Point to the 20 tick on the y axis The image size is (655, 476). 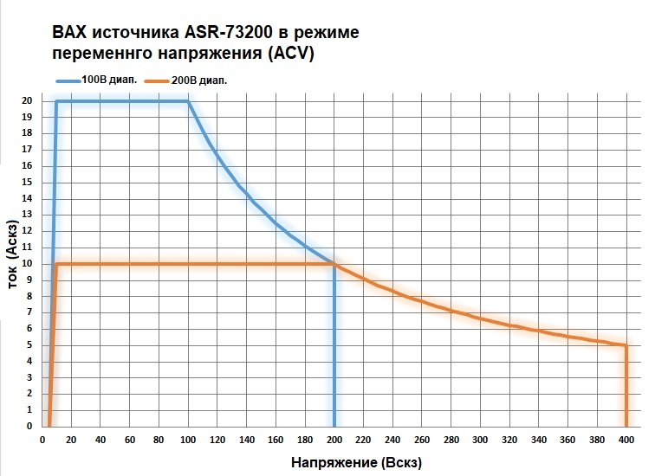[x=28, y=101]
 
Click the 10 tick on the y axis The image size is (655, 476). [x=28, y=263]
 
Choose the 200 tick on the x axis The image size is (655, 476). [x=334, y=440]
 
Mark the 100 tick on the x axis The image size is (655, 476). [x=188, y=440]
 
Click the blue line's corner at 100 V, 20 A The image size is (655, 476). [x=188, y=101]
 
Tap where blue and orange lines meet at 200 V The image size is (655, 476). [x=334, y=263]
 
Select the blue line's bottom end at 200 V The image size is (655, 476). [x=334, y=425]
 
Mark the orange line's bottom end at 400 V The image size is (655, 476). [x=626, y=425]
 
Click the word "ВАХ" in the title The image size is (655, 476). [x=72, y=33]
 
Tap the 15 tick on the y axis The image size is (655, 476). [x=28, y=182]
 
